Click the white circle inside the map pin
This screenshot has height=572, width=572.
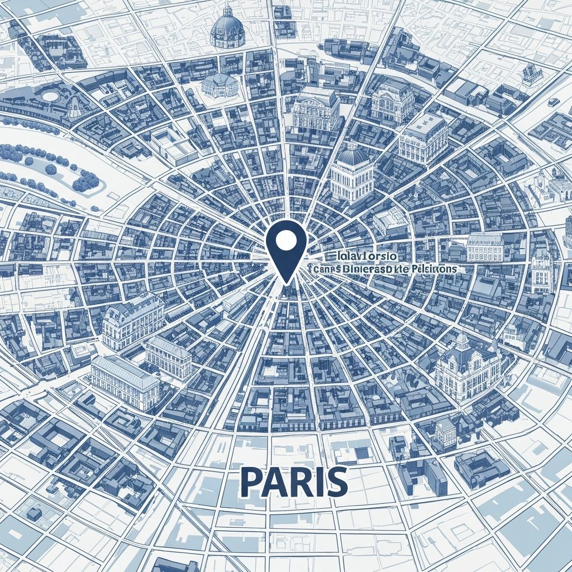(286, 240)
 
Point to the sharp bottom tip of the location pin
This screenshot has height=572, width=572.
(286, 282)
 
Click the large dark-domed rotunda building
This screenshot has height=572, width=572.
(227, 28)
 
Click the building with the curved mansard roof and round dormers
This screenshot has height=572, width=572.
(132, 321)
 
